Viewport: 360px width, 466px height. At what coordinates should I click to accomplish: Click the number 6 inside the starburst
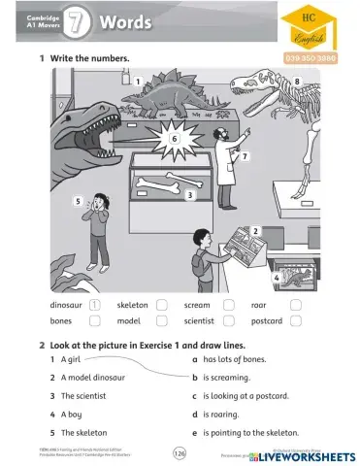coord(174,139)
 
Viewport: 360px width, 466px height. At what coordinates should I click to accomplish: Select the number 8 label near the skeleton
coord(297,84)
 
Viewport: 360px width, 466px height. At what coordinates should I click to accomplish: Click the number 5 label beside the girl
coord(77,201)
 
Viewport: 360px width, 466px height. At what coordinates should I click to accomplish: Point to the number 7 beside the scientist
coord(245,156)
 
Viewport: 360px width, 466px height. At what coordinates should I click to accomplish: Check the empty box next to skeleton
coord(161,305)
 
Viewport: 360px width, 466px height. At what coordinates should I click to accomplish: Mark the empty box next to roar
coord(295,305)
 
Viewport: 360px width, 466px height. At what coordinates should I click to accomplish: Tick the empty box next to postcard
coord(295,320)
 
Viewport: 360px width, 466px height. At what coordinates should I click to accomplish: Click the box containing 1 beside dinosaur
coord(94,305)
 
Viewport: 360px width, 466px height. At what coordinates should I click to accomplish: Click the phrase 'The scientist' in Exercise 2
coord(82,395)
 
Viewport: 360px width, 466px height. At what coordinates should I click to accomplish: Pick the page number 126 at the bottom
coord(180,453)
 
